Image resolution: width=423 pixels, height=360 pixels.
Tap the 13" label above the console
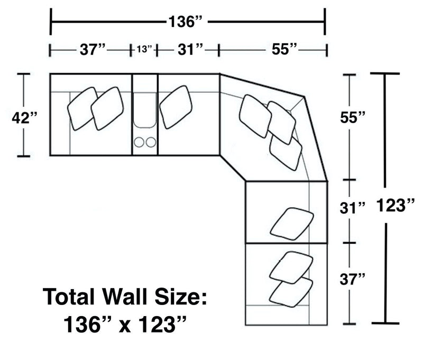144,50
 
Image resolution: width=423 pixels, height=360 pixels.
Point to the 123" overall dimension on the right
395,204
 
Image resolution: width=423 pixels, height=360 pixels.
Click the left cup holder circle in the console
140,142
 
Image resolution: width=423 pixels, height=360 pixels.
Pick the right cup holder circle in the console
151,142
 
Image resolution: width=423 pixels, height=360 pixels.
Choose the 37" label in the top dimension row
94,50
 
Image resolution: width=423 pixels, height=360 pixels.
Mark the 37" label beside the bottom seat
352,279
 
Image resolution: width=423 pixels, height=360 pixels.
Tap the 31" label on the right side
352,208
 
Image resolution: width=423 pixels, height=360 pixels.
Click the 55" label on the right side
352,117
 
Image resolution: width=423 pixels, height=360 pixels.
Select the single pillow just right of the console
176,107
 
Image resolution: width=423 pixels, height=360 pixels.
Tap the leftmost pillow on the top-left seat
83,108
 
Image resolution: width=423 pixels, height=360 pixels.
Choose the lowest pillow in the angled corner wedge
286,153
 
